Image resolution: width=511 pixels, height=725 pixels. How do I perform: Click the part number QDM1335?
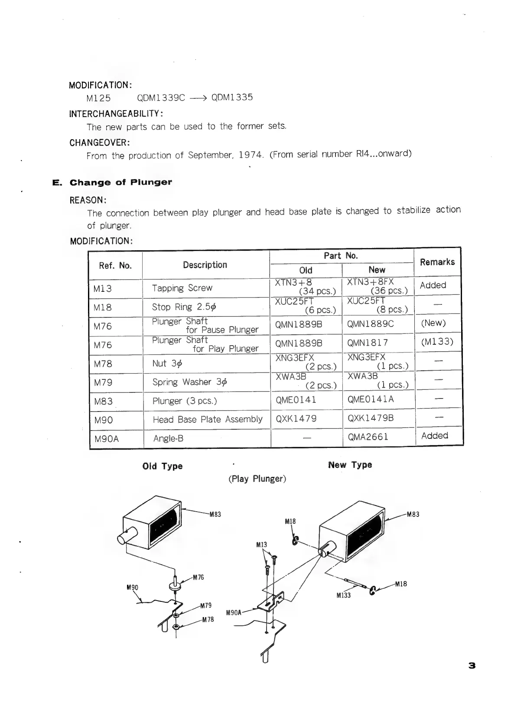232,97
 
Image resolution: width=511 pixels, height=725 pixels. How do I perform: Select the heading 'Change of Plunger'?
120,182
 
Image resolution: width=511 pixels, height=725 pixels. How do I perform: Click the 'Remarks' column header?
437,262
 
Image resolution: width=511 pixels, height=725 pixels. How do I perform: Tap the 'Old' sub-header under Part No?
306,270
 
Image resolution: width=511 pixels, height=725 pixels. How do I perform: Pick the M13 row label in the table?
103,289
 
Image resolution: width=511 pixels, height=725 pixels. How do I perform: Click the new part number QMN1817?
368,343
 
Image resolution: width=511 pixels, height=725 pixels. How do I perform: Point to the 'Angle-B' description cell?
168,438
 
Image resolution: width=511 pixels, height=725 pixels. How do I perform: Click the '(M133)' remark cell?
437,342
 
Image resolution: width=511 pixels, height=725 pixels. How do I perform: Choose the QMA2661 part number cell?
368,437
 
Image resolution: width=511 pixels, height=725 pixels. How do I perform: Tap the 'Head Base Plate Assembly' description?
207,419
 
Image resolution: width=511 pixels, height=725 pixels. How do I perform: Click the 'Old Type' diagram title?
163,466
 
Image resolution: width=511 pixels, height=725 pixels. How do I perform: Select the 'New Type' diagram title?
350,465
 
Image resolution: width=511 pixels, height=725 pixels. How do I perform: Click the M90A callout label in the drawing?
234,613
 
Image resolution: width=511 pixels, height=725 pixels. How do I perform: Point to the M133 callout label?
343,595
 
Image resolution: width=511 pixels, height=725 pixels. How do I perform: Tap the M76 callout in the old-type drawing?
198,577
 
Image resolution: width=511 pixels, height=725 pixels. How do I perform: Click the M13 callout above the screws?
261,545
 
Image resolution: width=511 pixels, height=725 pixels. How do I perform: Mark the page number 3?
472,666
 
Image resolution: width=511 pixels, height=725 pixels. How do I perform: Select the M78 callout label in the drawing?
208,619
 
